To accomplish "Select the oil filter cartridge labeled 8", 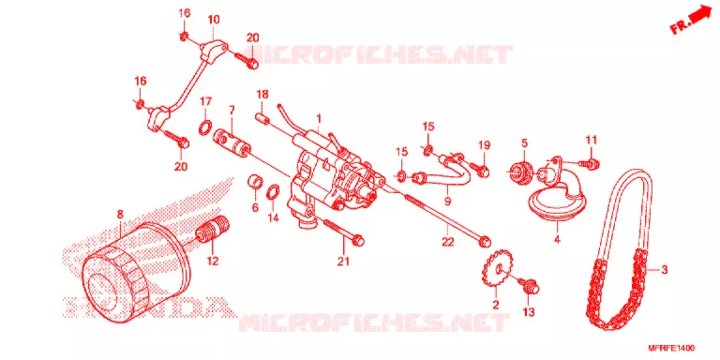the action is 135,271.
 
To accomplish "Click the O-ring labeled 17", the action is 205,127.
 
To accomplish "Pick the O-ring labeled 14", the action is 273,190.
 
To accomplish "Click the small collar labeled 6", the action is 255,181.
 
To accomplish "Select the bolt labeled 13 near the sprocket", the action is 530,286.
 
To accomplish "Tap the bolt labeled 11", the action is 586,162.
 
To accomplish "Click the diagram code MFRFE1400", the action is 676,348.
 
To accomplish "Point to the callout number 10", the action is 214,20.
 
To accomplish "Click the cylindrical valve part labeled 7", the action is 232,142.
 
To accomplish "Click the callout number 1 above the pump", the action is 319,118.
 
